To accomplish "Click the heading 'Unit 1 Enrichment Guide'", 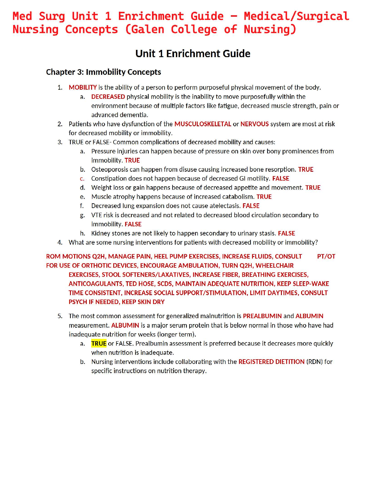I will (x=193, y=54).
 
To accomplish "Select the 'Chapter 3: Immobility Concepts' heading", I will (x=103, y=72).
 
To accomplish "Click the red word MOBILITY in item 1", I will (x=83, y=87).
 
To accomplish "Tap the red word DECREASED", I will (x=108, y=97).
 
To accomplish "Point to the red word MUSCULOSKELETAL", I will (x=203, y=124).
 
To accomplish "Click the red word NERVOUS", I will (x=254, y=124).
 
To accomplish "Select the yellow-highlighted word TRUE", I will (x=99, y=343).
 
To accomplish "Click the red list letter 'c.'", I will (x=82, y=179).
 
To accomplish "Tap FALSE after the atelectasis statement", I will (x=251, y=206).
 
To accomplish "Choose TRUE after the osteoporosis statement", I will (x=306, y=170).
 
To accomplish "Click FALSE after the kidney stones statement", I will (x=286, y=233).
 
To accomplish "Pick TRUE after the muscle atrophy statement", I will (x=264, y=197).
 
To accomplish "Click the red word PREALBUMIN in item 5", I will (x=262, y=316).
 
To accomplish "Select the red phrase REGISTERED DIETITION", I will (x=271, y=362).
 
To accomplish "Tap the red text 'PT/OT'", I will (x=326, y=256).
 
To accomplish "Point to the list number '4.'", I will (x=60, y=242).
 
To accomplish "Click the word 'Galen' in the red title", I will (x=148, y=29).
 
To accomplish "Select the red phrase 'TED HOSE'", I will (x=140, y=284).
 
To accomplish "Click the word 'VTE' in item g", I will (x=96, y=215).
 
